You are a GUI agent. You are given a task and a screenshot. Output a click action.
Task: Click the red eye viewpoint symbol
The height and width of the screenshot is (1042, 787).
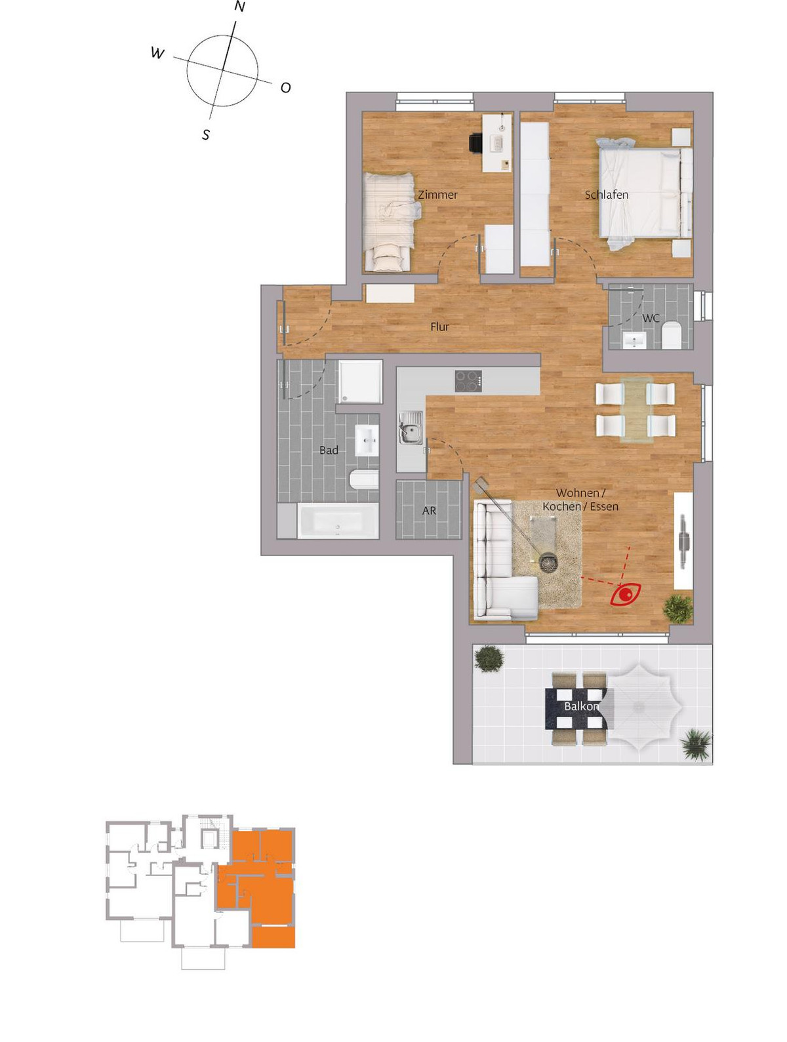tap(625, 594)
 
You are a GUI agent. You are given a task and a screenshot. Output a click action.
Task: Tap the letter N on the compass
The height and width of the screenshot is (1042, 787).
tap(240, 7)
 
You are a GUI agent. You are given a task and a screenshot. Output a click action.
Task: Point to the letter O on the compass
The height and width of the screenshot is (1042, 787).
tap(285, 88)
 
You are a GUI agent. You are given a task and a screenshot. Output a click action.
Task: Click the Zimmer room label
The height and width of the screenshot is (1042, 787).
tap(437, 195)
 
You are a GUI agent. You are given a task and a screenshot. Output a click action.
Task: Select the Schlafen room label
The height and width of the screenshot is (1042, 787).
tap(606, 195)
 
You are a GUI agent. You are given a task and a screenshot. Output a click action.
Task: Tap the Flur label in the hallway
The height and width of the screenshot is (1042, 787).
tap(439, 327)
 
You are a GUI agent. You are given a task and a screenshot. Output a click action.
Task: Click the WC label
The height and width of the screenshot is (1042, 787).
tap(651, 318)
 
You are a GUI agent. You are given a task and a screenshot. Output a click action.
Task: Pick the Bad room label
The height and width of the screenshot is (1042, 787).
tap(329, 450)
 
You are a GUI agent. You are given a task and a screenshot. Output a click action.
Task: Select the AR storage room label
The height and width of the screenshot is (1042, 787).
tap(429, 511)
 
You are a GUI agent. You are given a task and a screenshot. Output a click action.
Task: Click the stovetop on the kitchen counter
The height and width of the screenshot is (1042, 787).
tap(468, 381)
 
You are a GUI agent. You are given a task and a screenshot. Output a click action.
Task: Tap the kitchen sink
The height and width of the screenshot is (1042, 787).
tap(410, 428)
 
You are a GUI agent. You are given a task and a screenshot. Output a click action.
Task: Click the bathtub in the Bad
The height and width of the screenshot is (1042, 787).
tap(338, 521)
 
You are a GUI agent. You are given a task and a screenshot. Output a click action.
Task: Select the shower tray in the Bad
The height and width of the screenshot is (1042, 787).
tap(360, 382)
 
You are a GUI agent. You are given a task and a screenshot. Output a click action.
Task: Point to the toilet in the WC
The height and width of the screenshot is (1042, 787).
tap(671, 334)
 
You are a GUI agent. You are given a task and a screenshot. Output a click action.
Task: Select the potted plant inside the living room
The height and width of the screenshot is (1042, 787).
tap(678, 609)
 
